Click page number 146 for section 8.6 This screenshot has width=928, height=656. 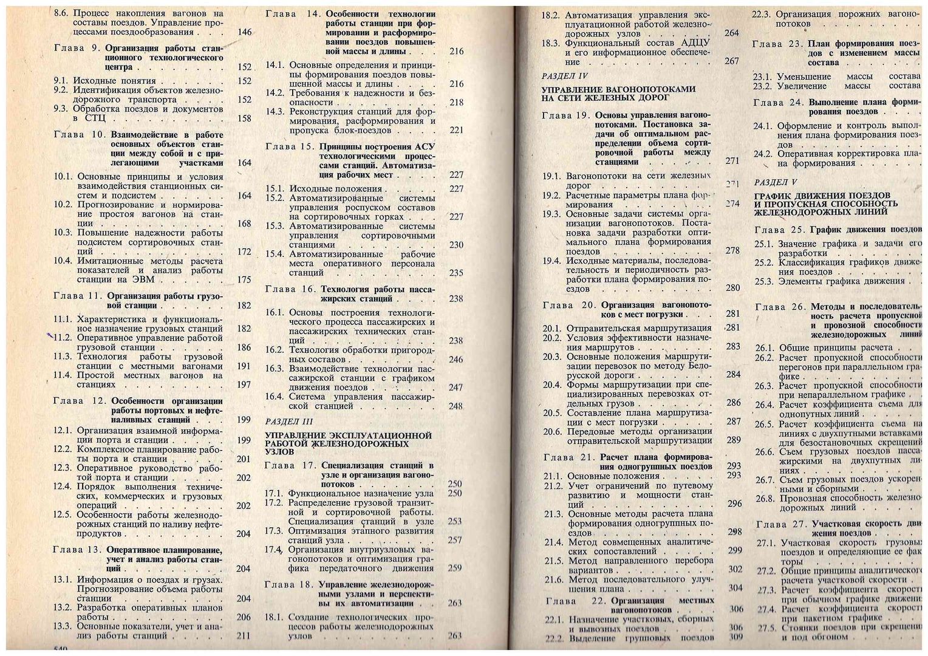pos(245,32)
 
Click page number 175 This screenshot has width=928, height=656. pos(244,280)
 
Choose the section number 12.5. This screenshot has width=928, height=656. pos(64,515)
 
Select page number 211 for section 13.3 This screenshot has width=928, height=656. pos(244,636)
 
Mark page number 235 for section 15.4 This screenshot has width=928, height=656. pos(456,273)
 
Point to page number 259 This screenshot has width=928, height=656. pos(454,569)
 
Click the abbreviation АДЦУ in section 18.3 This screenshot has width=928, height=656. pos(693,44)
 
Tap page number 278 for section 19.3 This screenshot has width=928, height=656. pos(733,251)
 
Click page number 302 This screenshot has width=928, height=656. pos(735,569)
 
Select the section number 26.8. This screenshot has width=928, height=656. pos(766,498)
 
